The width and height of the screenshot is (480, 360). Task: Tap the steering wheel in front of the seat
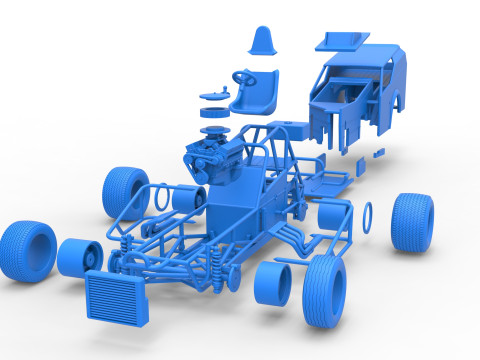pos(245,76)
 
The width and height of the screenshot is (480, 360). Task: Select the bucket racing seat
pos(256,94)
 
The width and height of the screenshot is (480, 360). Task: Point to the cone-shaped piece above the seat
pos(262,41)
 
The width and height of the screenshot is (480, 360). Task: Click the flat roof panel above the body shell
pos(343,40)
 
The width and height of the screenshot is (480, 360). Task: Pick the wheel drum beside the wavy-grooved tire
pos(273,284)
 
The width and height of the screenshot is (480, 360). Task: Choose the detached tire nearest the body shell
pos(412,221)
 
